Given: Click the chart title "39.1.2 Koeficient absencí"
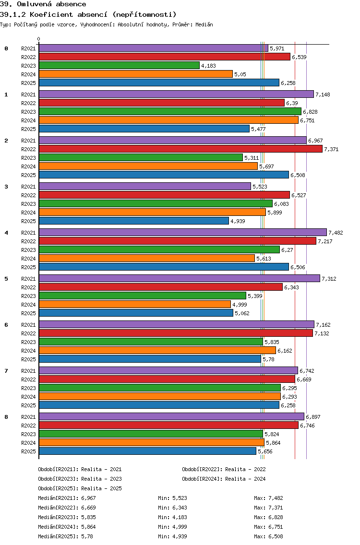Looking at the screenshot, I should click(89, 14).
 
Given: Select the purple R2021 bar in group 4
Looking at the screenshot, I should click(182, 232).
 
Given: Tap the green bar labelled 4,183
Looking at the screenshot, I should click(119, 65).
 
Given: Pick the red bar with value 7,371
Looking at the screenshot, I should click(180, 149).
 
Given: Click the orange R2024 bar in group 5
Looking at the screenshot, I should click(135, 304).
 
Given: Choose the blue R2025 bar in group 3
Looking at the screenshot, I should click(134, 221).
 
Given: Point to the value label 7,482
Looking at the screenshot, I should click(336, 233).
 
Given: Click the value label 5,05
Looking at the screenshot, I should click(240, 74).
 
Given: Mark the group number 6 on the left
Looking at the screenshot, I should click(6, 325).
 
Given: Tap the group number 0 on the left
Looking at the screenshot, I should click(6, 48).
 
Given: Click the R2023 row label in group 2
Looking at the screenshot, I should click(28, 158).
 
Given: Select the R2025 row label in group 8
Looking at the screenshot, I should click(28, 451).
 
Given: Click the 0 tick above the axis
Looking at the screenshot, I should click(39, 39).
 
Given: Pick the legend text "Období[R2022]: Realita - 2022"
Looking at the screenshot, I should click(224, 469).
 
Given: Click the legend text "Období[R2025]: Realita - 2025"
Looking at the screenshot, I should click(80, 488).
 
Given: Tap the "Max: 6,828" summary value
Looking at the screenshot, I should click(268, 517).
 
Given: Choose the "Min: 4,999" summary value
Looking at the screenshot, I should click(172, 527).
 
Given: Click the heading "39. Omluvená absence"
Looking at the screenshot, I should click(43, 4).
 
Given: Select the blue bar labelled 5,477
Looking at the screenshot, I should click(144, 129).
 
